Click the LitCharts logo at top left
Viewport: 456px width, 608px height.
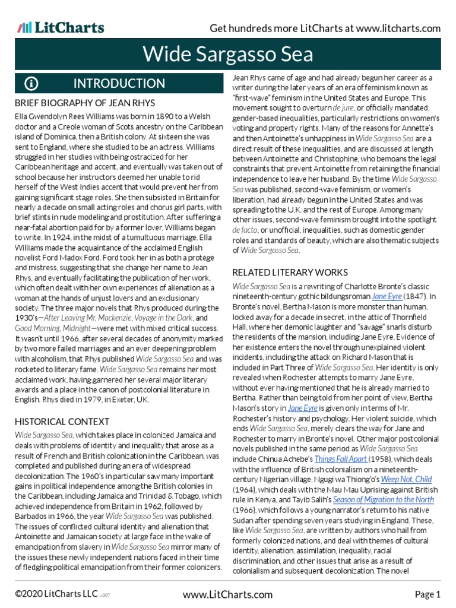point(61,27)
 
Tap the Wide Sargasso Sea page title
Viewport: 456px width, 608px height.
point(228,55)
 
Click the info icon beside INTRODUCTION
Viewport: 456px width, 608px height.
point(31,83)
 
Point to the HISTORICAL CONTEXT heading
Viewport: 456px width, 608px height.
point(62,422)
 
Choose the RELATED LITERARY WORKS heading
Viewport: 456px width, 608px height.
point(290,273)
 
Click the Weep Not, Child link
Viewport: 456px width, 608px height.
point(407,479)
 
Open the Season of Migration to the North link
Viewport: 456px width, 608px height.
point(383,500)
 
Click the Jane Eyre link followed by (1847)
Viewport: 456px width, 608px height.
point(386,296)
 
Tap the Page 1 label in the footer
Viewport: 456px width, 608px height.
point(427,594)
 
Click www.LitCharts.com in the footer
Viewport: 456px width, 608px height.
point(228,594)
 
